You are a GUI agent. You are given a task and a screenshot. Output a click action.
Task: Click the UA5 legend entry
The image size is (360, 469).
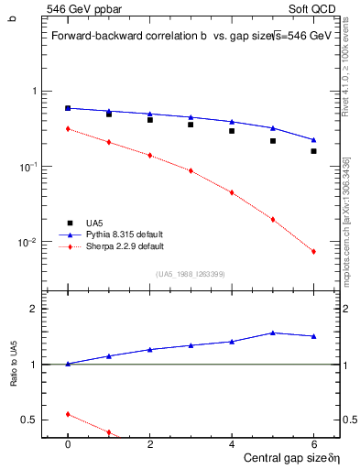point(93,223)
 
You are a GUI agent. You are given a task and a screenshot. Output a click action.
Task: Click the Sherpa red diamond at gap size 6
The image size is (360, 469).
point(313,252)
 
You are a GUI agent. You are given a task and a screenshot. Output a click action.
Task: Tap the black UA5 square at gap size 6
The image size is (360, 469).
point(313,151)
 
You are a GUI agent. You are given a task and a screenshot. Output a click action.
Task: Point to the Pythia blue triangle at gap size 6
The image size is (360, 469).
point(313,140)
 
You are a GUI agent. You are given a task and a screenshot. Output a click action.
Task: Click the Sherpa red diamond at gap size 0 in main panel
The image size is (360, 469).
point(68,129)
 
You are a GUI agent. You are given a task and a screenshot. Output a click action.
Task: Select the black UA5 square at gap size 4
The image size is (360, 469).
point(232,131)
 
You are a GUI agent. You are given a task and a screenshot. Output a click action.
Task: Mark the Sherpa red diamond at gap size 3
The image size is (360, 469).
point(191,170)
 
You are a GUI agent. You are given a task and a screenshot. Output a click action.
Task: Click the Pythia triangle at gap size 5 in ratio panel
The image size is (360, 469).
point(273,333)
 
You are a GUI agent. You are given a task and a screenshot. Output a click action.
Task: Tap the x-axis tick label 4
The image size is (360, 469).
point(232,443)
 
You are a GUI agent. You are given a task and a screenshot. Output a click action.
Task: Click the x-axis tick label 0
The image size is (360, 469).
point(68,443)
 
